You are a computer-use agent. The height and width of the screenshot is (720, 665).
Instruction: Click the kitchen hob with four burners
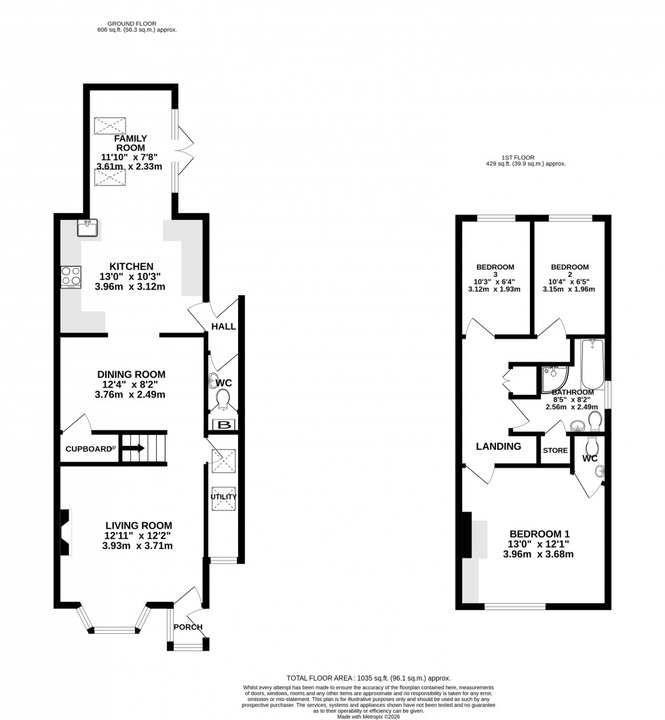click(71, 277)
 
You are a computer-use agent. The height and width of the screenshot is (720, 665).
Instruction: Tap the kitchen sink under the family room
click(88, 228)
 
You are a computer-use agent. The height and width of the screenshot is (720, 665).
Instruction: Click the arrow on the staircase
click(134, 448)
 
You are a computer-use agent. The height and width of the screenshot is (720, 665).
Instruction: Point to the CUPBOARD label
click(88, 449)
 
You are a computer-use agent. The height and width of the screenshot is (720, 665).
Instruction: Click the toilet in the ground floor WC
click(223, 398)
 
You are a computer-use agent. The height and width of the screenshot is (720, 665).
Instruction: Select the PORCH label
click(188, 626)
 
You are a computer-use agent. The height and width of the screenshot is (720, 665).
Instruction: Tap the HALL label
click(223, 326)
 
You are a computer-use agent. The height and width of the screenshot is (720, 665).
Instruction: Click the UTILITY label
click(223, 497)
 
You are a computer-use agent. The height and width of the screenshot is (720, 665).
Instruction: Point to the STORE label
click(555, 450)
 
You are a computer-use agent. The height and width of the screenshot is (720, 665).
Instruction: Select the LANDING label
click(499, 447)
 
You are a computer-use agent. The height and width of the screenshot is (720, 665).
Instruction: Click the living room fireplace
click(66, 533)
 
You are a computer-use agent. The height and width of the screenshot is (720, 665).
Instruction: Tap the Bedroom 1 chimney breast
click(467, 535)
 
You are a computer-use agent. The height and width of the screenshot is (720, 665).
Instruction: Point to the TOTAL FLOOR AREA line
click(368, 678)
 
